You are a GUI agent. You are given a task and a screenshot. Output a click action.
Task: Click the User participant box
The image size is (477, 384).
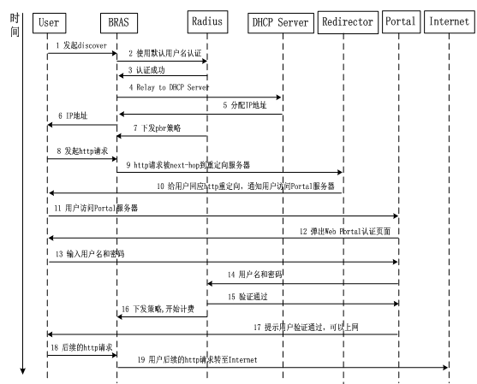[50, 23]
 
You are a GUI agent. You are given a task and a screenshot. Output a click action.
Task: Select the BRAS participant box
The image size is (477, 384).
[119, 23]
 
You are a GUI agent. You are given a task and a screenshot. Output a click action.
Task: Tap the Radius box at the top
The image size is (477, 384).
[207, 22]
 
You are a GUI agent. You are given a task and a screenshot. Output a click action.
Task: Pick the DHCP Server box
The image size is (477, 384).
[281, 23]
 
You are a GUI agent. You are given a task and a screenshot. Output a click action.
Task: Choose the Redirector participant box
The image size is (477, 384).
[348, 22]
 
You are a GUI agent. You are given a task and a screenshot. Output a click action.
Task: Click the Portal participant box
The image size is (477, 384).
[402, 22]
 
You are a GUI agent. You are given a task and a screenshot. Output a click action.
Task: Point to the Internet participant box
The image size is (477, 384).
[450, 22]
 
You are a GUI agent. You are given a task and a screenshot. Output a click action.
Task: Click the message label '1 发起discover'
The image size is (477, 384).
[81, 45]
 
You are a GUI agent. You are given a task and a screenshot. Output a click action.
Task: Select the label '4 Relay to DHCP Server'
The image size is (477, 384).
[170, 87]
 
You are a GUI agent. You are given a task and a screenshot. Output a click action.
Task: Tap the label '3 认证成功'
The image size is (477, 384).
[146, 70]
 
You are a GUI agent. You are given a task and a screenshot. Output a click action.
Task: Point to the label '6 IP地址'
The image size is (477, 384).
[73, 115]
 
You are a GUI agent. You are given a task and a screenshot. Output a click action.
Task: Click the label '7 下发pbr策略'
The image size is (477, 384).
[157, 128]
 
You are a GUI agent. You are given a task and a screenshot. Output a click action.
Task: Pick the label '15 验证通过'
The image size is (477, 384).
[248, 297]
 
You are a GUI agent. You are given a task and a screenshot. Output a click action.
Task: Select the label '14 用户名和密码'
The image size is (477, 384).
[255, 275]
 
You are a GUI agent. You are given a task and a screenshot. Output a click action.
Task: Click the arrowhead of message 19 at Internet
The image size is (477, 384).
[446, 367]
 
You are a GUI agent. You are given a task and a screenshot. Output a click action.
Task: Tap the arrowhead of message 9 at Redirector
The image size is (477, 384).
[341, 172]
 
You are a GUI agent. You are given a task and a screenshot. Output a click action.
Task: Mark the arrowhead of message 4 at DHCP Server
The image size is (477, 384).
[279, 97]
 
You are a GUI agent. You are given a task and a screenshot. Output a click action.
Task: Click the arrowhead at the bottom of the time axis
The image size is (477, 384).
[22, 372]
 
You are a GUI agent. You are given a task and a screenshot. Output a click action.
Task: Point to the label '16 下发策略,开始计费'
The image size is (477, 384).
[158, 310]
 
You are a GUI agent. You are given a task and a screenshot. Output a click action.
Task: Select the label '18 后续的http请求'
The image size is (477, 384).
[81, 347]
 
